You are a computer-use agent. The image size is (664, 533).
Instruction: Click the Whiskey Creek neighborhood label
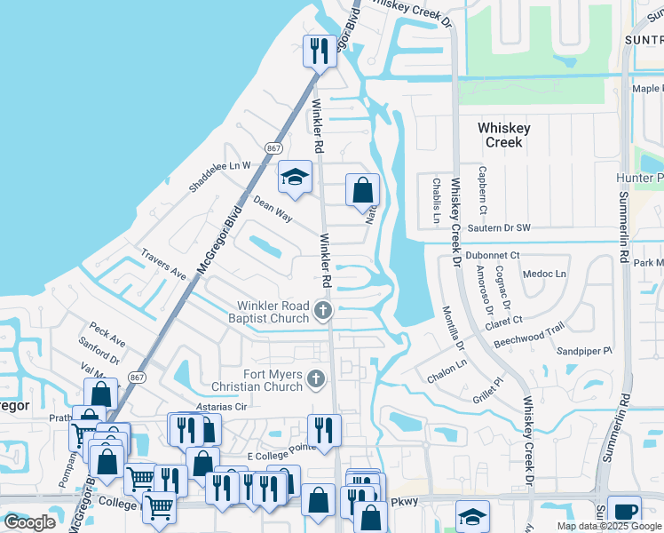point(503,135)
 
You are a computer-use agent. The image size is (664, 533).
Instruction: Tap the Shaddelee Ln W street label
point(220,176)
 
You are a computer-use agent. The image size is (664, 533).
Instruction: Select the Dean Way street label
point(273,209)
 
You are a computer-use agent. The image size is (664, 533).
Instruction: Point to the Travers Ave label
point(162,264)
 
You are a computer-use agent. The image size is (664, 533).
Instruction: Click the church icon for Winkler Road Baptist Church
point(323,311)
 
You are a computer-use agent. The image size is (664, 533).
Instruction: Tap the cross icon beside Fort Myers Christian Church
point(315,380)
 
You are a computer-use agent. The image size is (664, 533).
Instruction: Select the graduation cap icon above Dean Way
point(295,177)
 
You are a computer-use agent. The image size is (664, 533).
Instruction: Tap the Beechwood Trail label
point(529,334)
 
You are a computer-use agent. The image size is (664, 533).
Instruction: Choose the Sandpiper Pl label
point(584,351)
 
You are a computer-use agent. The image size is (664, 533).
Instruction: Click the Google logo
point(29,522)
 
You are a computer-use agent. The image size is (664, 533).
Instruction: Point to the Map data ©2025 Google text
point(608,526)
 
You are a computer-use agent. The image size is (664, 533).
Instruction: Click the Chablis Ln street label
point(436,201)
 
